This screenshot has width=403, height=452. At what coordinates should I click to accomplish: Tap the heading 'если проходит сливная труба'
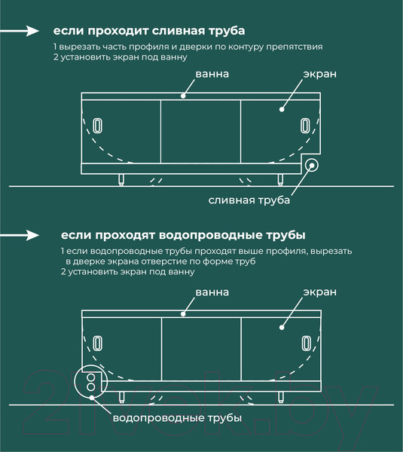pos(148,32)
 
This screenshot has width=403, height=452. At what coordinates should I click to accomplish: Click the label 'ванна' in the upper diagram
pos(212,75)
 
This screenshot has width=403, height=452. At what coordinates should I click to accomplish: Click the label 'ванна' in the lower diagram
pos(212,292)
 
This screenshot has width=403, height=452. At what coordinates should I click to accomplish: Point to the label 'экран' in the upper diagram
pos(319,75)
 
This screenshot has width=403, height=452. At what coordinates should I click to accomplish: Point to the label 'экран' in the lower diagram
pos(319,292)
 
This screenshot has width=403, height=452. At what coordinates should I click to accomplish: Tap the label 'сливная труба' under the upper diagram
pos(249,200)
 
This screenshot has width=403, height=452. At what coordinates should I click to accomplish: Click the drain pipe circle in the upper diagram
pos(311,166)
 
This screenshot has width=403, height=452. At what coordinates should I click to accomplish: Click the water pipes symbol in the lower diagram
pos(92,383)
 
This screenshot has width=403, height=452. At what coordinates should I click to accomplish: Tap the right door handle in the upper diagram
pos(305,125)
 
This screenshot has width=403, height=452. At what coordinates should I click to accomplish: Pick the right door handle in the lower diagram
pos(305,343)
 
